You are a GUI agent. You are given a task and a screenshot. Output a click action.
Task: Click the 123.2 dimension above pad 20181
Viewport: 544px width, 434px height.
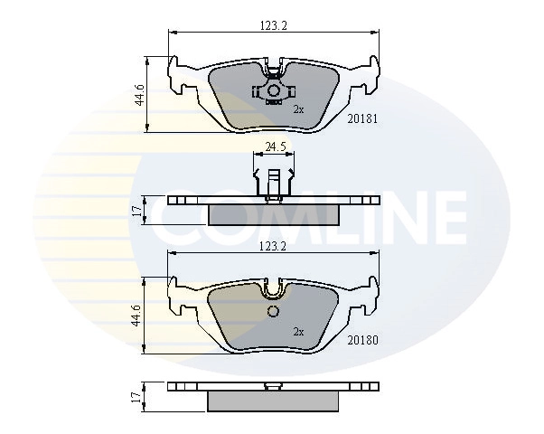(x=272, y=27)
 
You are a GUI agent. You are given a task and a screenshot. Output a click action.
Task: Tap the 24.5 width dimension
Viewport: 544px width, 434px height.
(x=276, y=146)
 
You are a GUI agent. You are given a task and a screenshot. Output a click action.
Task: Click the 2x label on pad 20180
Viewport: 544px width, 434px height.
(x=297, y=332)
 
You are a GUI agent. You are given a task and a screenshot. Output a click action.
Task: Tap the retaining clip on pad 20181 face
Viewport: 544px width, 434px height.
(x=273, y=91)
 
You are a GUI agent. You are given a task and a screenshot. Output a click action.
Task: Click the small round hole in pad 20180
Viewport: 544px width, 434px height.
(x=273, y=313)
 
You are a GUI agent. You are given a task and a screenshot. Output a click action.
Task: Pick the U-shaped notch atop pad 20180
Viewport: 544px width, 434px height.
(x=273, y=288)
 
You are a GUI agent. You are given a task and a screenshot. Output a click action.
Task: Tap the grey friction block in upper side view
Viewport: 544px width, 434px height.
(x=273, y=213)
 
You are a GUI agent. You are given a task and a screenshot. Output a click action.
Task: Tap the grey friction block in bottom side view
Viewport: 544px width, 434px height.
(x=273, y=401)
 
